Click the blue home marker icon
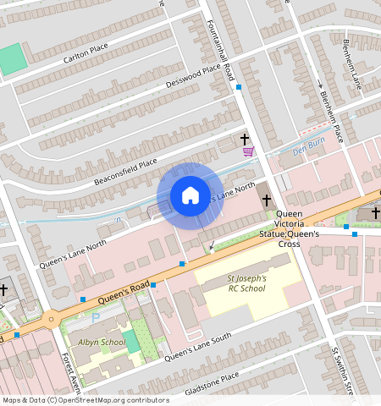(190, 195)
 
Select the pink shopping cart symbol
(248, 151)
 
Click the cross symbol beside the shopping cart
(246, 138)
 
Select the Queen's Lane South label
(198, 346)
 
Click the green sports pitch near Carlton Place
(12, 58)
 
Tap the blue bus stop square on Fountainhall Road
(240, 87)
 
